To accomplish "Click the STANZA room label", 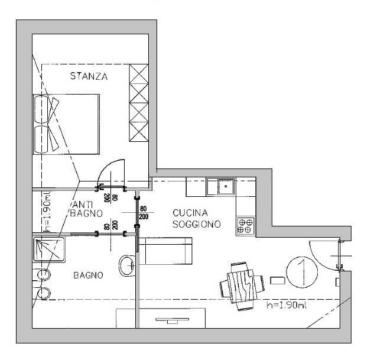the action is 89,76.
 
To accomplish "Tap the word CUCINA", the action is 190,213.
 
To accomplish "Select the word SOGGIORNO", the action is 197,224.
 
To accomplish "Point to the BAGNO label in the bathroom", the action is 88,275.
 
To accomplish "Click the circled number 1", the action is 302,272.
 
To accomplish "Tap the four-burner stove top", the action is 246,226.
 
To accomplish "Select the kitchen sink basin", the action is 226,187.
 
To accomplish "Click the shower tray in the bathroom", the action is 49,249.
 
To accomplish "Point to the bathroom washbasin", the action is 127,266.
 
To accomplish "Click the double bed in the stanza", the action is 66,124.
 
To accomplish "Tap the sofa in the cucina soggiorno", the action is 166,251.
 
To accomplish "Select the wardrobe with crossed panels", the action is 139,103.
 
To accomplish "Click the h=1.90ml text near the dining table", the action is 286,305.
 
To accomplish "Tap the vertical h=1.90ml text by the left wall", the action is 47,212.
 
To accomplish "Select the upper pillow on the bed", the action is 41,109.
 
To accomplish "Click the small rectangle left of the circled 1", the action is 278,280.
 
